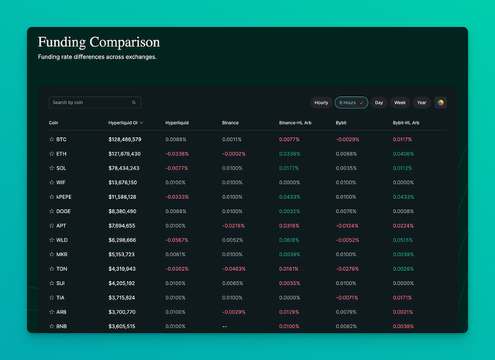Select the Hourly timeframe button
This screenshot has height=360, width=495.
[x=321, y=102]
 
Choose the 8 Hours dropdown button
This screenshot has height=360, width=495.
[x=351, y=102]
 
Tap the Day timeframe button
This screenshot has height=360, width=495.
[x=379, y=102]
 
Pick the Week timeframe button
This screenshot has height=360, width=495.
[x=400, y=102]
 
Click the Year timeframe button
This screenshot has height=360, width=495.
[x=421, y=102]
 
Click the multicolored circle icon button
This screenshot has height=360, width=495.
[x=441, y=102]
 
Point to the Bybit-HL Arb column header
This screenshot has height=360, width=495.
[x=406, y=122]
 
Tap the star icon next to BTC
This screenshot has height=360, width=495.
[x=52, y=139]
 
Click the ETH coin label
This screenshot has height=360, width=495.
[x=61, y=154]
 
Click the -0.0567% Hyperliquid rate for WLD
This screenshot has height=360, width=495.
[x=177, y=240]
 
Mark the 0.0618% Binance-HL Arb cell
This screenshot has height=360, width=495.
[x=289, y=240]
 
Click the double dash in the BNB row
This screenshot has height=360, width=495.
[x=225, y=327]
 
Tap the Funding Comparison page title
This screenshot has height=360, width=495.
[x=98, y=42]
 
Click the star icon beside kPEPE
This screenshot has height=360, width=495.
[x=52, y=197]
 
